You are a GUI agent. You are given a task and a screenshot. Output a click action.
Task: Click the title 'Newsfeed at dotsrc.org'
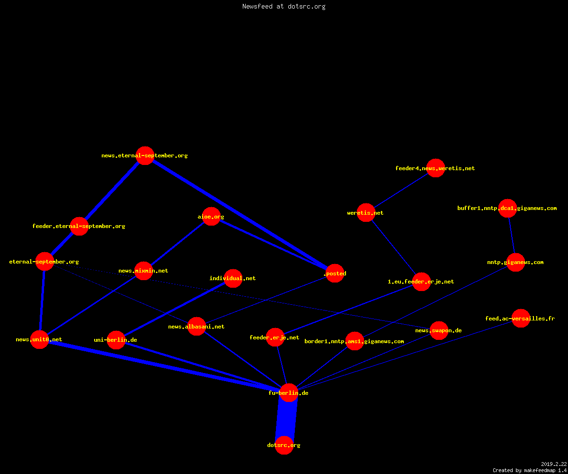284,7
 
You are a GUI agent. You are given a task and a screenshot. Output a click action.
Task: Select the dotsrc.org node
284,445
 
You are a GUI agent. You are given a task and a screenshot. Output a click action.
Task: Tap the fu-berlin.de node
289,392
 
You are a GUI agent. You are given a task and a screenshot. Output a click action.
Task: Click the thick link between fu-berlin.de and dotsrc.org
286,419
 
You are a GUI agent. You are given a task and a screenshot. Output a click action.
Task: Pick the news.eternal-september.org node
145,155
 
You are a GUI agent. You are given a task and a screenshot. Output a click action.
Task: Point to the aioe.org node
212,216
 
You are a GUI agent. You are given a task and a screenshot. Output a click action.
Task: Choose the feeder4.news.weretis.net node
435,168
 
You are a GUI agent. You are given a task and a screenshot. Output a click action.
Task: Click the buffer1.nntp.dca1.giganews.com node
507,208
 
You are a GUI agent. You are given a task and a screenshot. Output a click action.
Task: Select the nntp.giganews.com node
515,262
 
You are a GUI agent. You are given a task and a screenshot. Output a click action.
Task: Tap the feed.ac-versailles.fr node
521,318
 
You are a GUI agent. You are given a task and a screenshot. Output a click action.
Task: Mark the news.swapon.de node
439,330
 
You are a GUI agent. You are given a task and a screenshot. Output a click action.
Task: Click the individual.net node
233,278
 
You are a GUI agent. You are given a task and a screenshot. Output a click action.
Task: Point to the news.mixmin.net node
143,271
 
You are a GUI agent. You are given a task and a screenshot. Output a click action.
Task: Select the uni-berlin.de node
116,340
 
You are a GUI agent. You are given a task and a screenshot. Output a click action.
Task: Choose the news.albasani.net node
196,327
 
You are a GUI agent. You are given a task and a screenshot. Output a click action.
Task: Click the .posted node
335,273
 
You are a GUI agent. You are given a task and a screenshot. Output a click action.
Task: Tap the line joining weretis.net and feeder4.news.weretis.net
401,190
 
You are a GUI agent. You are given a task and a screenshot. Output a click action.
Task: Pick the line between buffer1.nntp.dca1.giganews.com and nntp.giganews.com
511,236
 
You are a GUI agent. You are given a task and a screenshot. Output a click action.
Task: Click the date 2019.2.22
554,464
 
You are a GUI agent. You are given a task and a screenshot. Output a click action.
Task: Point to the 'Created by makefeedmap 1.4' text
530,471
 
